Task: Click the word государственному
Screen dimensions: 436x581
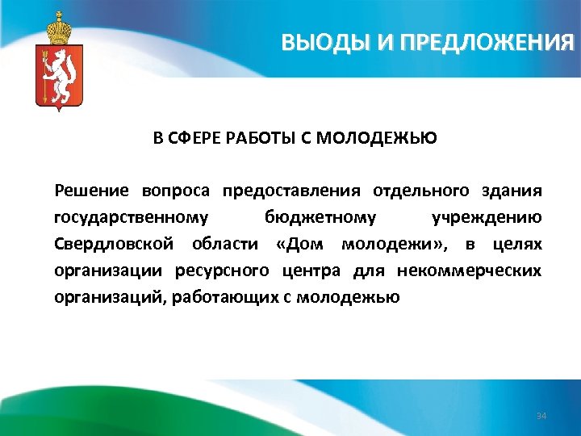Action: click(132, 217)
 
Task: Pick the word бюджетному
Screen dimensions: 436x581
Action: click(320, 217)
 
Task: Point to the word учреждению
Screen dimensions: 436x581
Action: click(487, 217)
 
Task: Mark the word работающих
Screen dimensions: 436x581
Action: click(236, 296)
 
